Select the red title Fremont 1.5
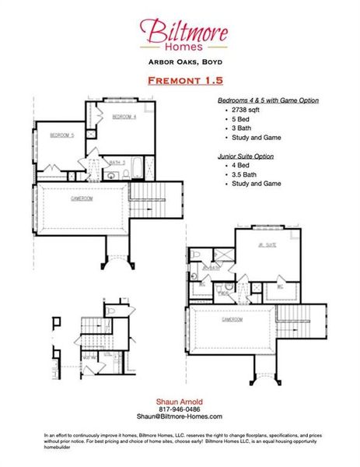pyautogui.click(x=179, y=80)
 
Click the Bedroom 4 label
pyautogui.click(x=124, y=117)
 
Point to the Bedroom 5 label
pyautogui.click(x=61, y=135)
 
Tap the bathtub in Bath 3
pyautogui.click(x=138, y=167)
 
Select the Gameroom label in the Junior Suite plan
pyautogui.click(x=232, y=319)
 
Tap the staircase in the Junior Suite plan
pyautogui.click(x=292, y=321)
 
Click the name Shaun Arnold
pyautogui.click(x=180, y=401)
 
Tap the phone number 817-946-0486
pyautogui.click(x=180, y=409)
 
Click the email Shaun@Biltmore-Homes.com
pyautogui.click(x=180, y=417)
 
